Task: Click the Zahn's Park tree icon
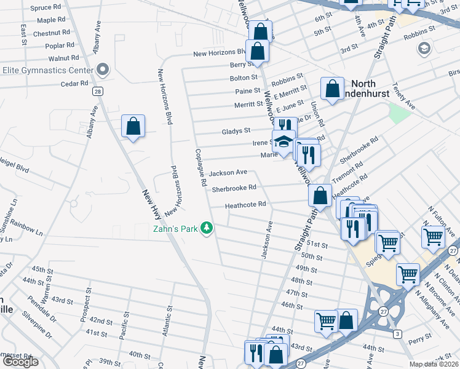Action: pyautogui.click(x=208, y=229)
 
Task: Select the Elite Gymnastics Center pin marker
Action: pyautogui.click(x=103, y=69)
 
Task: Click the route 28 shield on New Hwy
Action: pyautogui.click(x=98, y=92)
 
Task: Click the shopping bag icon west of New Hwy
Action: pyautogui.click(x=133, y=127)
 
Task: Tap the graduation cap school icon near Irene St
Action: pyautogui.click(x=284, y=141)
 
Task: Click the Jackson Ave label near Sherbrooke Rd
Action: pyautogui.click(x=228, y=173)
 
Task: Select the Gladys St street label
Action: pyautogui.click(x=236, y=131)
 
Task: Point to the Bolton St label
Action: pyautogui.click(x=244, y=78)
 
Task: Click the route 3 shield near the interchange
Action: pyautogui.click(x=398, y=333)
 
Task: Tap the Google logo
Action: pyautogui.click(x=20, y=362)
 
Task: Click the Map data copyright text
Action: pyautogui.click(x=434, y=364)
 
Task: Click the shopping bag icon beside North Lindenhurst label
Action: pyautogui.click(x=332, y=89)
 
